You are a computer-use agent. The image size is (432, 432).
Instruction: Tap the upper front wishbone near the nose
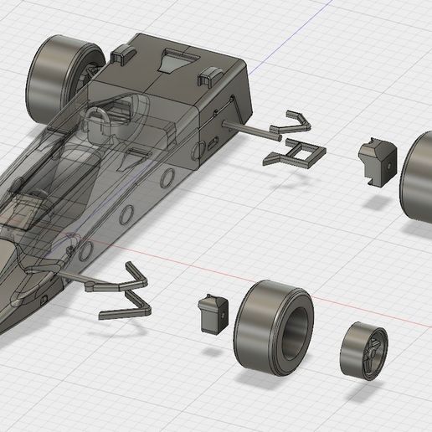(134, 276)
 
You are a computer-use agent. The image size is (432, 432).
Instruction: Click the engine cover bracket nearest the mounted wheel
(121, 54)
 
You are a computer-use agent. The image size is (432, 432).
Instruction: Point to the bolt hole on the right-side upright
(390, 165)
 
